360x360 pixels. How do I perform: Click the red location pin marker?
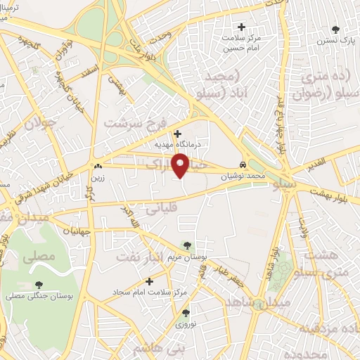(x=181, y=165)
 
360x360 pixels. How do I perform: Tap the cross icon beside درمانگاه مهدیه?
(x=177, y=133)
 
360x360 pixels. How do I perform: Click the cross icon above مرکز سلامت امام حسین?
(x=242, y=27)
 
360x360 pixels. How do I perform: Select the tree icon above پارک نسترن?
(x=335, y=30)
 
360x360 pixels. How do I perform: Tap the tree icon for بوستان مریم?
(x=186, y=245)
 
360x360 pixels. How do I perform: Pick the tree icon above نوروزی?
(x=186, y=313)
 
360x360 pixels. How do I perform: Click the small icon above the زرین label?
(x=97, y=167)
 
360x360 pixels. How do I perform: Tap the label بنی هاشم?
(x=157, y=349)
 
